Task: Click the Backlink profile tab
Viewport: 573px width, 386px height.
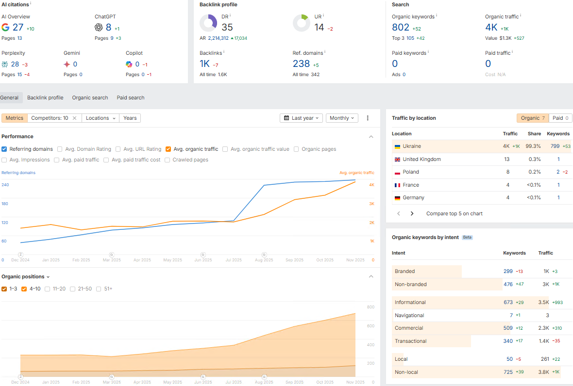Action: tap(45, 97)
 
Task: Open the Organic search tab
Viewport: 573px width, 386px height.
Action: tap(90, 97)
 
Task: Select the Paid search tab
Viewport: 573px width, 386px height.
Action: tap(131, 97)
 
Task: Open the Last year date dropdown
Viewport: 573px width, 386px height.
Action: tap(302, 118)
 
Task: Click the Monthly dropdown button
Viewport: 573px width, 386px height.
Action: tap(342, 118)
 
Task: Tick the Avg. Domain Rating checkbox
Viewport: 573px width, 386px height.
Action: tap(60, 149)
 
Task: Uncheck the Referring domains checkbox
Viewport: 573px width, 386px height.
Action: tap(4, 149)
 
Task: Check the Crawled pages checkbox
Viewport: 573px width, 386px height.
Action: tap(168, 160)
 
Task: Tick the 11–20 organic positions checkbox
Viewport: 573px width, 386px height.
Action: tap(48, 289)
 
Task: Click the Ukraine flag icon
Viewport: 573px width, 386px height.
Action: tap(397, 146)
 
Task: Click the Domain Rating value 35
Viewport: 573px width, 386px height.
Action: tap(227, 27)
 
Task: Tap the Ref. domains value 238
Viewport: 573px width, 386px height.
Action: tap(301, 64)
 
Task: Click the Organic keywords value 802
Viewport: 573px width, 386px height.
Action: tap(401, 27)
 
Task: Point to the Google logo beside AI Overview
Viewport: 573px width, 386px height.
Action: tap(5, 27)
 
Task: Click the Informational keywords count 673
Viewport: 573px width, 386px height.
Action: tap(508, 303)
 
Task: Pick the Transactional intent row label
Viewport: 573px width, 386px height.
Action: tap(411, 341)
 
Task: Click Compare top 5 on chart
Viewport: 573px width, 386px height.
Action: tap(454, 213)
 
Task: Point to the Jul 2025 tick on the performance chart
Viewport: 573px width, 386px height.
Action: tap(234, 260)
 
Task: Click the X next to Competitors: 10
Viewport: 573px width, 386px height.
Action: tap(74, 118)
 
